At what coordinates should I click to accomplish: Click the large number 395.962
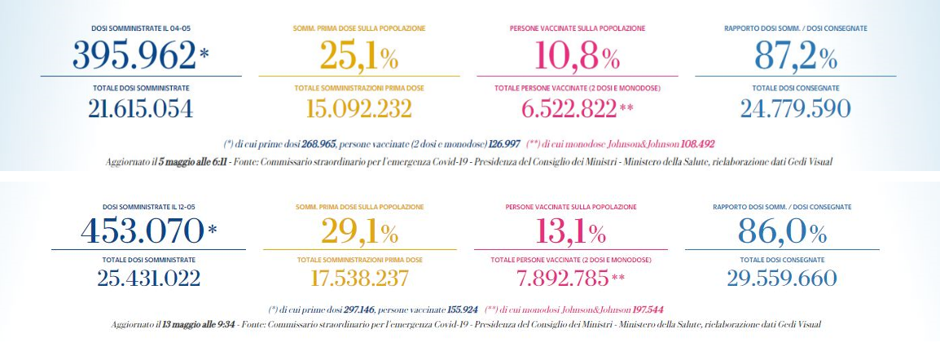click(134, 55)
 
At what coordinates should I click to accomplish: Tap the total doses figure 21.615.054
click(141, 108)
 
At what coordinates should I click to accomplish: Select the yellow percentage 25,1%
click(358, 55)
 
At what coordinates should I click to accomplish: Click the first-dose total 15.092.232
click(359, 108)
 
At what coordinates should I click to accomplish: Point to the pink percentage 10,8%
click(577, 55)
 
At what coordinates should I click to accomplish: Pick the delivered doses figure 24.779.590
click(796, 108)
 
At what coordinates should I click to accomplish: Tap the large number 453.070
click(142, 231)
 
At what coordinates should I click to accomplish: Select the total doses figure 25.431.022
click(148, 279)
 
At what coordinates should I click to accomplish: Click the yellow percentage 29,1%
click(359, 231)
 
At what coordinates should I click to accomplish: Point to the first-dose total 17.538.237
click(359, 279)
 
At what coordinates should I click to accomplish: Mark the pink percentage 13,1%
click(570, 231)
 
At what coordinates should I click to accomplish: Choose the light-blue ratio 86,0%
click(782, 231)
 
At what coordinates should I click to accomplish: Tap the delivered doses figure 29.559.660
click(782, 279)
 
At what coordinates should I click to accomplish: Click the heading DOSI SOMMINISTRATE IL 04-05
click(141, 29)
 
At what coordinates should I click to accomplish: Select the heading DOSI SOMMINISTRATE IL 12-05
click(148, 208)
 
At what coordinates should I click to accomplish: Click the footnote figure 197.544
click(626, 310)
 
